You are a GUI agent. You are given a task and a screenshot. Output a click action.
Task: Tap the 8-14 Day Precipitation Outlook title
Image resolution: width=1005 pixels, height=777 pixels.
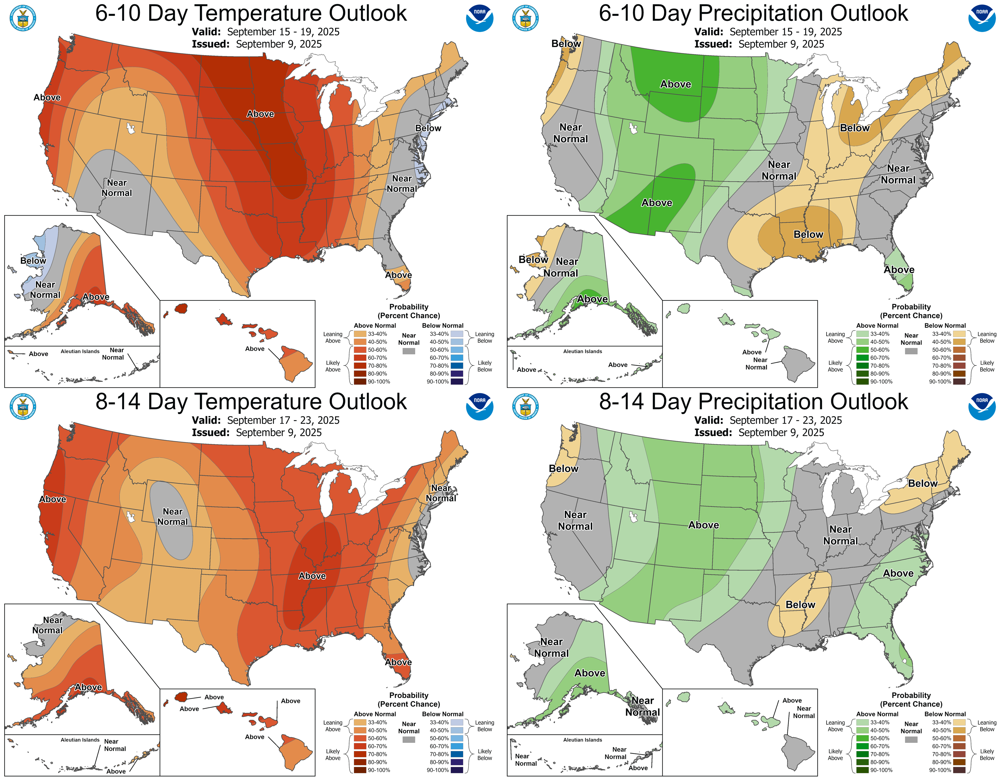[753, 401]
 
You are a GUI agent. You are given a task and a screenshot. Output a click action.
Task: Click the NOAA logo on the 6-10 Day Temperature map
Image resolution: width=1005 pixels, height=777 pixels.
[480, 18]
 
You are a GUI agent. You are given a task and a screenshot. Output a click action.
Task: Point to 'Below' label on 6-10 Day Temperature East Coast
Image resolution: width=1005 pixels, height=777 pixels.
[428, 128]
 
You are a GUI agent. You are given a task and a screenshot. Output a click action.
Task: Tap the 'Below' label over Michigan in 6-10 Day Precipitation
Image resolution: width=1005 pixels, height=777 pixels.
[855, 128]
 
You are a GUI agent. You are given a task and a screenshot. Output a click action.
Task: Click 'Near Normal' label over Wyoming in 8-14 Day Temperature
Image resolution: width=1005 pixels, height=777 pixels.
[173, 516]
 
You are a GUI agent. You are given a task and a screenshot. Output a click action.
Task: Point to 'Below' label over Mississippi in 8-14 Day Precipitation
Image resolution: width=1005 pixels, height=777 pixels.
[800, 604]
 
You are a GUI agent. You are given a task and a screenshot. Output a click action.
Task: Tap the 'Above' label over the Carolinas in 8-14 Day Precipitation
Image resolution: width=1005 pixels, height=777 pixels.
[898, 573]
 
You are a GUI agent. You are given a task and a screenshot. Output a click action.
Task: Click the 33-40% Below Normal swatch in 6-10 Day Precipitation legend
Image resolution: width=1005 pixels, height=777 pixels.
[959, 334]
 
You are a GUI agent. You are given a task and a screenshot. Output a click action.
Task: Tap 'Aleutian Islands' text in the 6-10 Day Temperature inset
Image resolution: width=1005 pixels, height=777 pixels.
[80, 351]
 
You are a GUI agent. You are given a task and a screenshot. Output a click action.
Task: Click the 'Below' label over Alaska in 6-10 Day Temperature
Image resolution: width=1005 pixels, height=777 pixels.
[33, 261]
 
